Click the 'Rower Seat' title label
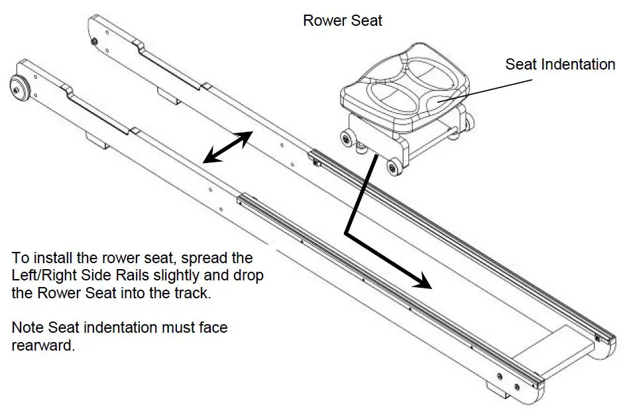click(342, 21)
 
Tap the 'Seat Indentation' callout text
click(560, 64)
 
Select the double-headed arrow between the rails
click(227, 146)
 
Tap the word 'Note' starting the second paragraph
click(27, 327)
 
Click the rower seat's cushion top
click(404, 86)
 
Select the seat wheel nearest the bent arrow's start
click(394, 168)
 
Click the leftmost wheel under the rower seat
click(345, 137)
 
